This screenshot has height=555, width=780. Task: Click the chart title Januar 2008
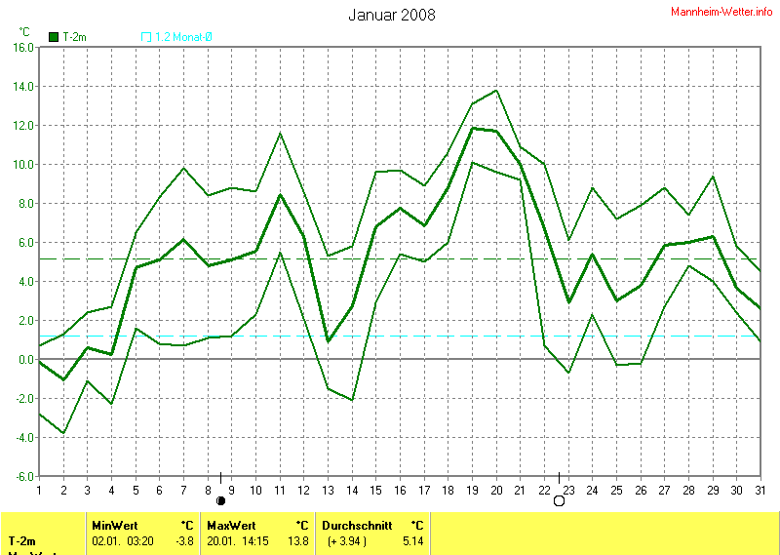point(391,15)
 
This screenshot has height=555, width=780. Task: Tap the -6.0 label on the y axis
point(22,476)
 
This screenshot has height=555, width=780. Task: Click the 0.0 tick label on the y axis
point(25,359)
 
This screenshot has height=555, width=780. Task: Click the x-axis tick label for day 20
point(496,490)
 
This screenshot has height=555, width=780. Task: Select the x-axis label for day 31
point(760,490)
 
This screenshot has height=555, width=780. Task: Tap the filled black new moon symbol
point(220,501)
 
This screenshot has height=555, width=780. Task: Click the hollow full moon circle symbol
point(559,501)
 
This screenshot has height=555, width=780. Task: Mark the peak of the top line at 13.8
point(496,91)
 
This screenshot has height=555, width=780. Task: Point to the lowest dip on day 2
point(63,433)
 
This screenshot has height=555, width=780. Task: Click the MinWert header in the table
point(115,524)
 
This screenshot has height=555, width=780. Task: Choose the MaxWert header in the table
point(230,524)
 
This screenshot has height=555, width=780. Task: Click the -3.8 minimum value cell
point(184,539)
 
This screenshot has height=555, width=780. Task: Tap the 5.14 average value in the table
point(412,539)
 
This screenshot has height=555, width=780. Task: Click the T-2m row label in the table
point(23,539)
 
